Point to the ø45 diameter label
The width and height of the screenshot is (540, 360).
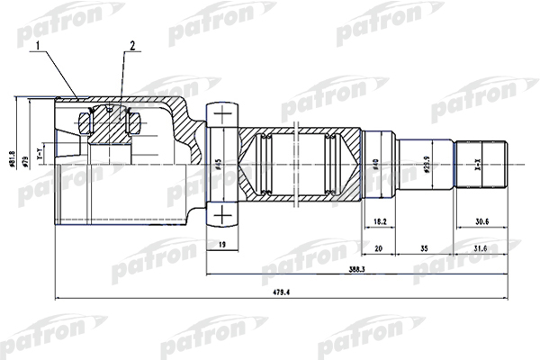point(219,165)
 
